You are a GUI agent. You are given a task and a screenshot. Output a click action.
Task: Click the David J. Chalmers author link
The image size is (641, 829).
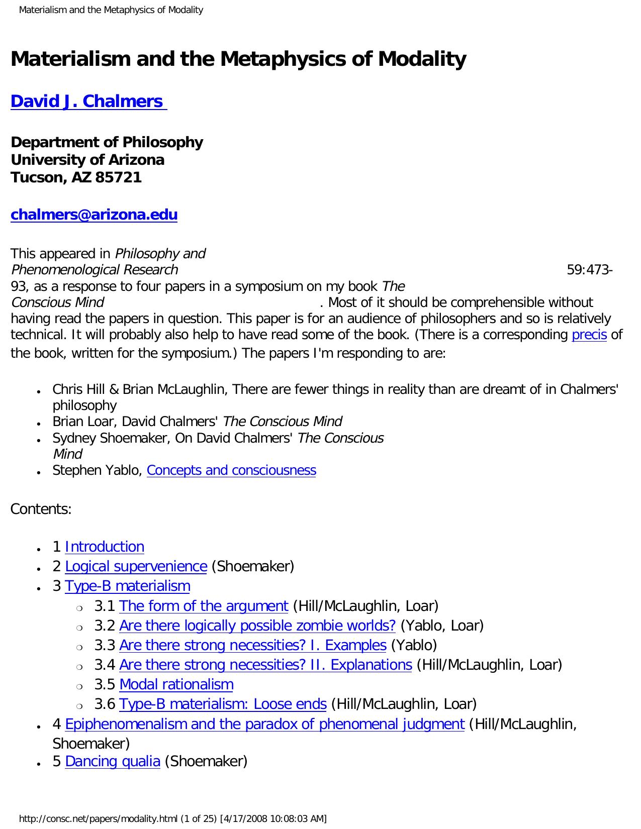[88, 101]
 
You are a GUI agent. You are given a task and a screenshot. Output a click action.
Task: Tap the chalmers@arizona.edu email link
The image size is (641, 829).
[94, 215]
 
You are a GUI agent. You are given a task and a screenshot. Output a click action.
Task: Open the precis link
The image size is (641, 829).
[589, 335]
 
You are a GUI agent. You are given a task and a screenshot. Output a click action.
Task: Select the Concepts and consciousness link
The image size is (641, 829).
[231, 470]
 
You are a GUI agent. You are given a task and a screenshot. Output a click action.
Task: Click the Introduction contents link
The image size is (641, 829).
[105, 547]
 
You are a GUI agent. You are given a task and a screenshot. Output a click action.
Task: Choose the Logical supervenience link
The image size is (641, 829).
[136, 566]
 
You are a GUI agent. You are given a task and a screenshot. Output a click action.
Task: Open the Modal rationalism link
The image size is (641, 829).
[176, 684]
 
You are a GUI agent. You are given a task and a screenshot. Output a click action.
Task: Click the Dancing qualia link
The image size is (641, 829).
[113, 761]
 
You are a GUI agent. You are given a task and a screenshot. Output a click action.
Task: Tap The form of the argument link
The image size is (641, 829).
[204, 606]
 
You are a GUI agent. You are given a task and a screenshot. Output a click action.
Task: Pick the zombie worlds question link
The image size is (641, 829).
[257, 626]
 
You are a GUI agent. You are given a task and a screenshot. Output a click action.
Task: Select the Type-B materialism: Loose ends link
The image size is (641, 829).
[223, 704]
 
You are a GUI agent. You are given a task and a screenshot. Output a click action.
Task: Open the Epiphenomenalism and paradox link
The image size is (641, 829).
[264, 724]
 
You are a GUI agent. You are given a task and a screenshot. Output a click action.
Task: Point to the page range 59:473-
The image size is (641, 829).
[589, 270]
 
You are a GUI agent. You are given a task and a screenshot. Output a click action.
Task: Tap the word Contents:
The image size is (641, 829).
[41, 509]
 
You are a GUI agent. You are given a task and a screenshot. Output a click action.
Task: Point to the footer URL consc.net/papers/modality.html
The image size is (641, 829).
[98, 819]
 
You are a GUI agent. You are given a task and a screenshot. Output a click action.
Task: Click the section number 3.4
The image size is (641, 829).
[105, 665]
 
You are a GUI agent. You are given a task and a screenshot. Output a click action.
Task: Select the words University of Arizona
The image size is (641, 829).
[87, 160]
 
